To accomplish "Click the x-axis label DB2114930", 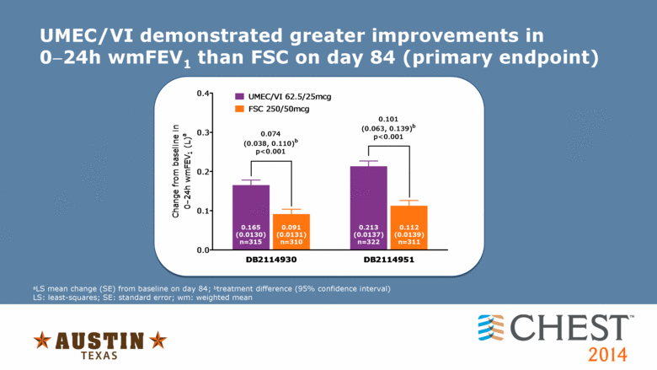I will [x=271, y=260].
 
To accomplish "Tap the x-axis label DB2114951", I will [x=389, y=260].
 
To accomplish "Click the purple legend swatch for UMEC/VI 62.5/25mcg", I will [x=240, y=97].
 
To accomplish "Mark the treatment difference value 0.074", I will [x=270, y=133].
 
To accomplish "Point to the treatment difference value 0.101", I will [x=388, y=119].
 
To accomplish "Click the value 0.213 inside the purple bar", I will [x=368, y=228].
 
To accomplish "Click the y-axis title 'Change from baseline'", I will [x=176, y=171].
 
